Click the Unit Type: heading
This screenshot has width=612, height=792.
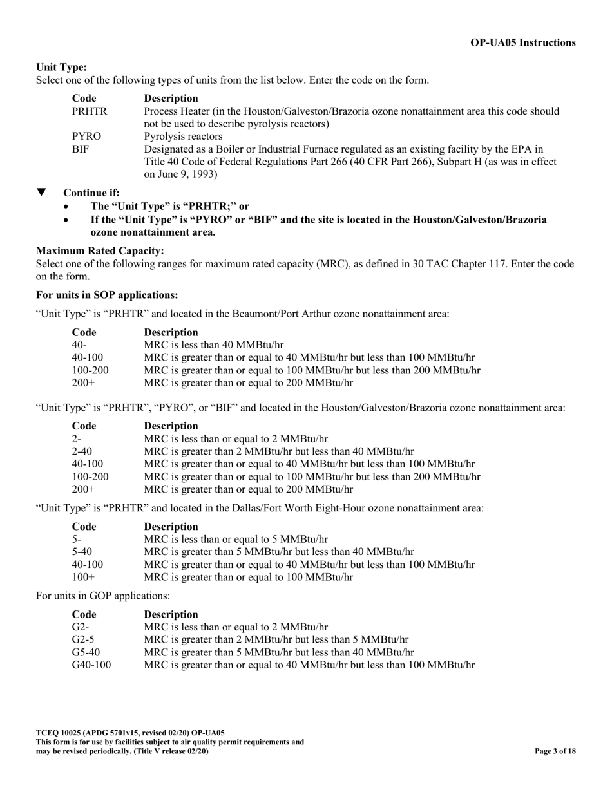coord(61,67)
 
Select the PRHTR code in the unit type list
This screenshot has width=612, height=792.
coord(90,111)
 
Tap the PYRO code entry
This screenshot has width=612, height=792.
coord(86,137)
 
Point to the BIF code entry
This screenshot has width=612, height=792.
coord(80,149)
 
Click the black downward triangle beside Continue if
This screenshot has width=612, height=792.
coord(42,193)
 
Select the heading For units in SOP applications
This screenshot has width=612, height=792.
coord(106,295)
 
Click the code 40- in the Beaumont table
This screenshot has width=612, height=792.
coord(79,345)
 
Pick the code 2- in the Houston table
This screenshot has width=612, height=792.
coord(76,438)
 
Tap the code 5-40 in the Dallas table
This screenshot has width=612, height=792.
coord(82,551)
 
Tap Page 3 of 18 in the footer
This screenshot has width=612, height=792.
coord(555,751)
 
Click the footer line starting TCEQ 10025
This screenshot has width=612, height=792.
coord(131,733)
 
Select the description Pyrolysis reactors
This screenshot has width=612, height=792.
coord(184,137)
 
